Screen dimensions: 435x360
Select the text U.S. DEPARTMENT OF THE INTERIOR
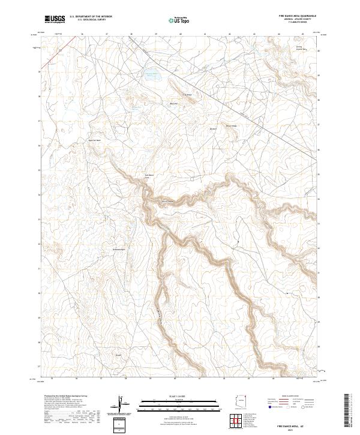(91, 17)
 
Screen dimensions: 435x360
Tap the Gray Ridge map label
(187, 94)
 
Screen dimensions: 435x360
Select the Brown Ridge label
(231, 125)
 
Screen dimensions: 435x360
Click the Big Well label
(212, 129)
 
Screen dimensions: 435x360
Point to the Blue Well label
(174, 104)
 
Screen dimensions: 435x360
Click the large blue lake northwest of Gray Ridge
(151, 75)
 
